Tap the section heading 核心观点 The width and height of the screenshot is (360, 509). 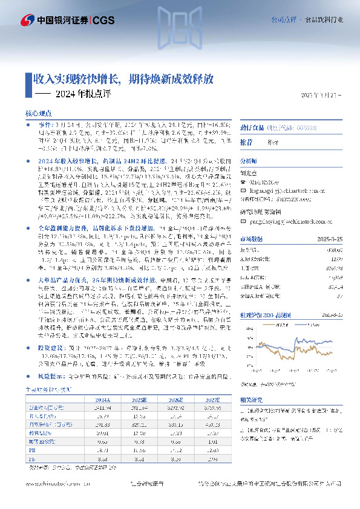point(38,113)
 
